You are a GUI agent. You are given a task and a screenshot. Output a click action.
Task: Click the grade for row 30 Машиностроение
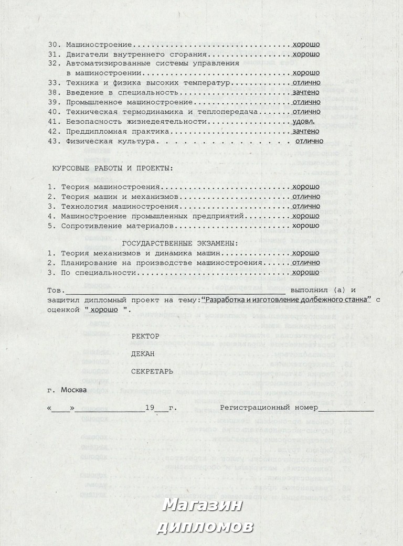(306, 45)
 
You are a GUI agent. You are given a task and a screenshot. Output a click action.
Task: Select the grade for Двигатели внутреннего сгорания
(306, 54)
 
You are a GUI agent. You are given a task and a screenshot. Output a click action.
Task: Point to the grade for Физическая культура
(309, 141)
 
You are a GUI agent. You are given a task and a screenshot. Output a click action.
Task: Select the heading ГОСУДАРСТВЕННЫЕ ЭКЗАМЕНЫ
(180, 243)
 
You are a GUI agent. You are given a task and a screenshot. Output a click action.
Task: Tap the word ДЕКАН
(143, 354)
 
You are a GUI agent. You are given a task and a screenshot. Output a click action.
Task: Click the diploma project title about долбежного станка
(286, 299)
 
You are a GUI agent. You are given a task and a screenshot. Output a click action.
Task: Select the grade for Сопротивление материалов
(306, 226)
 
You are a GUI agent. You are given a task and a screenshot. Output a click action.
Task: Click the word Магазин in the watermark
(202, 505)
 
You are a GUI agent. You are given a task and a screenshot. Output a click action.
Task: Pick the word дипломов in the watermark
(205, 526)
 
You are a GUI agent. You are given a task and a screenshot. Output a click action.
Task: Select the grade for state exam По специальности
(306, 273)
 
